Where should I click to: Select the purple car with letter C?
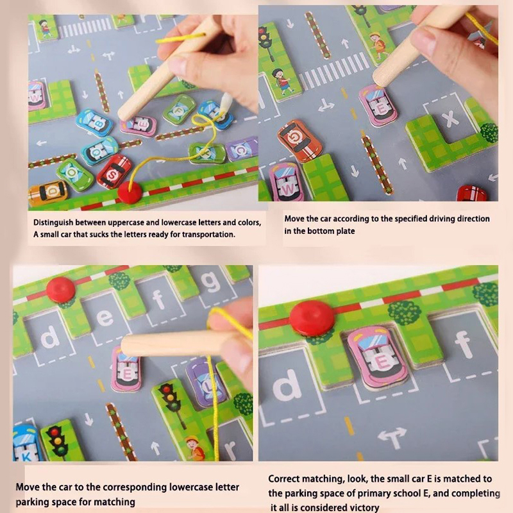point(242,149)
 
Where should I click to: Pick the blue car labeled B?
point(94,123)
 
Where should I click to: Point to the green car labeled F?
point(180,110)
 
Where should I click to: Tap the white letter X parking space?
point(450,118)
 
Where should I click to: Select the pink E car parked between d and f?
point(378,358)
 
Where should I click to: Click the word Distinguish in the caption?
point(53,223)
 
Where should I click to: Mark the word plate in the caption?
point(344,231)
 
